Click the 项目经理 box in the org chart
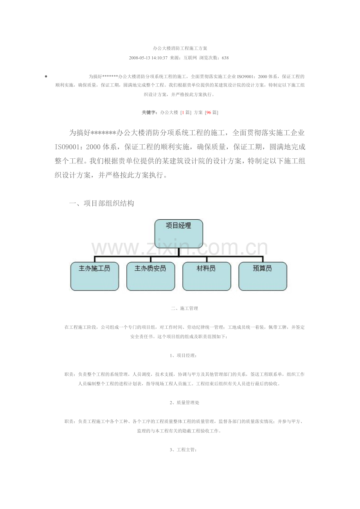click(x=178, y=233)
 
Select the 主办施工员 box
click(x=95, y=276)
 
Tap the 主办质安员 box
click(x=151, y=276)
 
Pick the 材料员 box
click(x=206, y=276)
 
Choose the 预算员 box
click(x=263, y=276)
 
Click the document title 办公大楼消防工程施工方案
click(x=180, y=48)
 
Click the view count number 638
click(x=225, y=58)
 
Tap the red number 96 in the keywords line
click(x=209, y=113)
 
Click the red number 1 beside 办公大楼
click(x=183, y=113)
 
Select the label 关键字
click(x=149, y=113)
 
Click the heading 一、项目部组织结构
click(x=101, y=203)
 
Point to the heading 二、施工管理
click(x=184, y=308)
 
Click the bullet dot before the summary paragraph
click(x=46, y=77)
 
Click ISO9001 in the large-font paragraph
click(x=68, y=147)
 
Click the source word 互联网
click(x=191, y=58)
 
